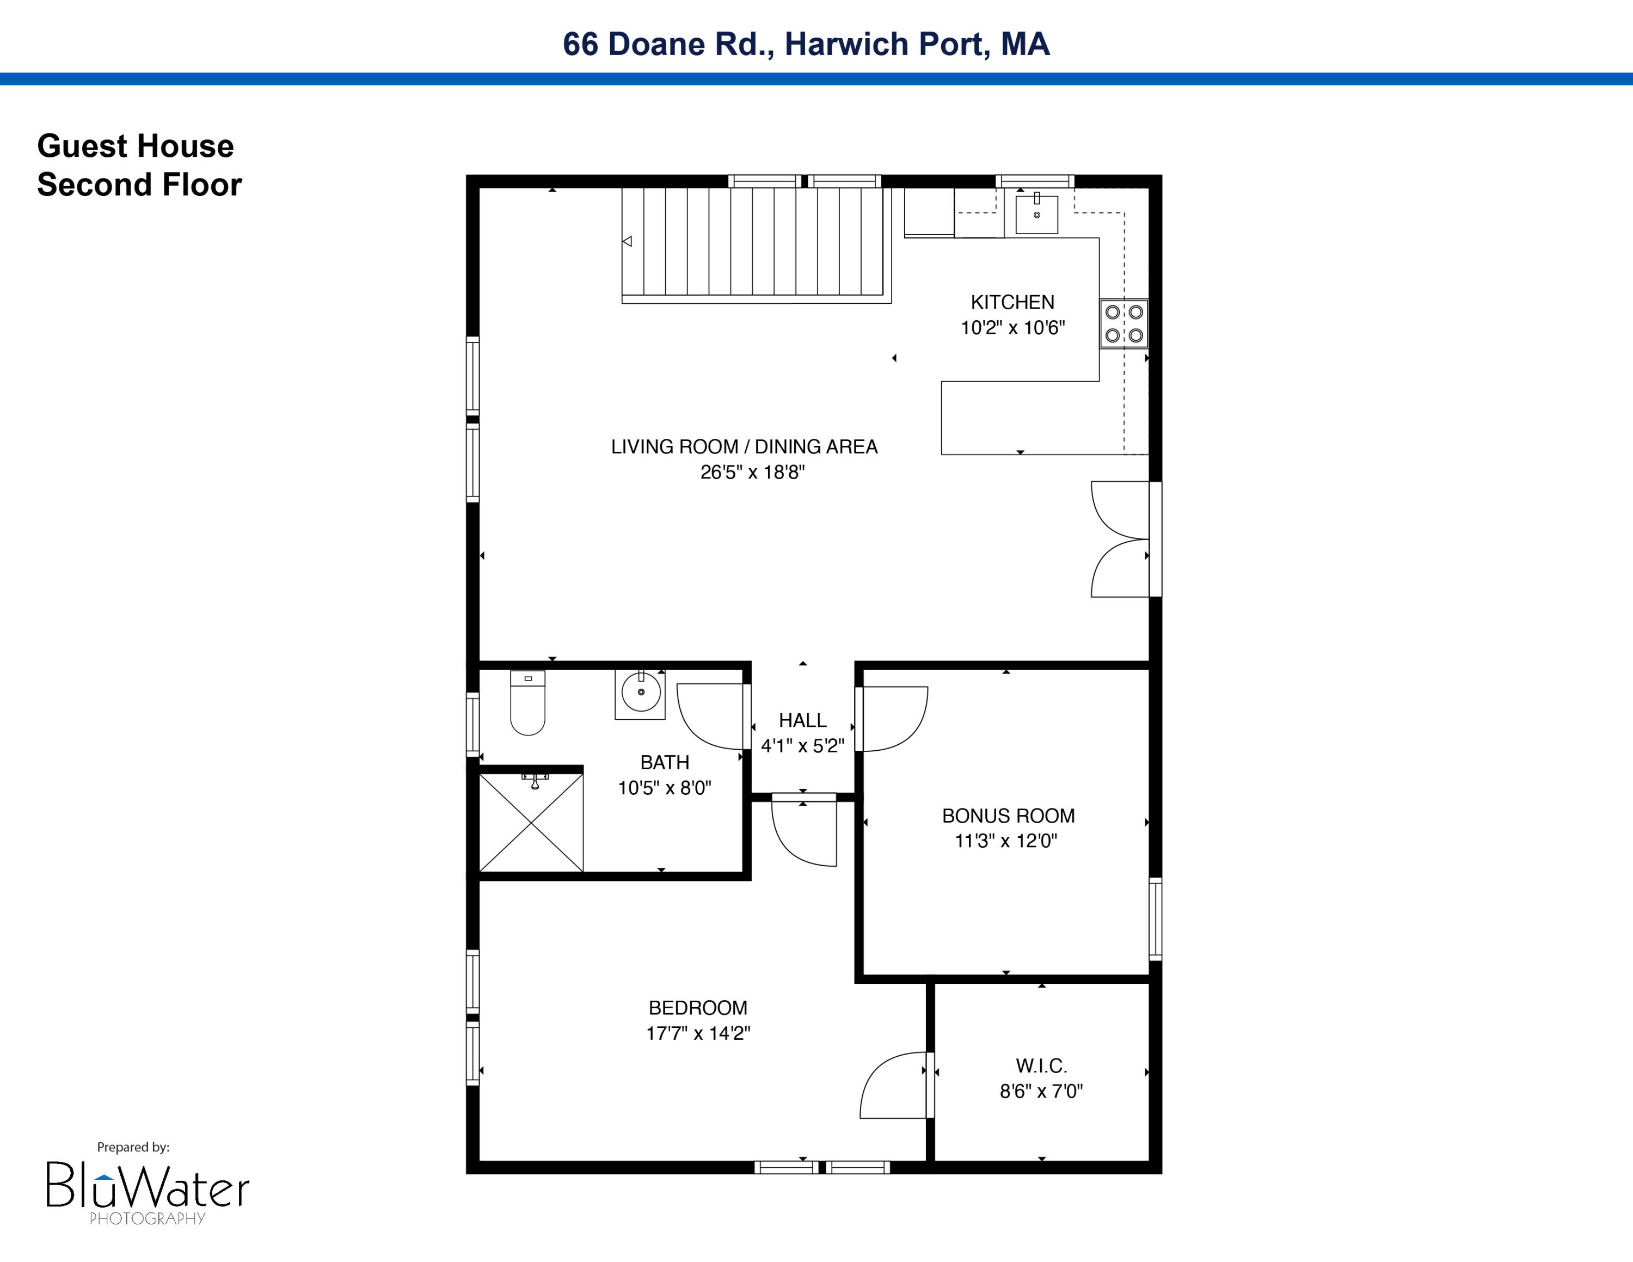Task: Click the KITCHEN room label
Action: pyautogui.click(x=1012, y=302)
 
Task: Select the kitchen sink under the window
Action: pyautogui.click(x=1036, y=215)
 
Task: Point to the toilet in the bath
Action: pyautogui.click(x=528, y=705)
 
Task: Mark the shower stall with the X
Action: pyautogui.click(x=531, y=823)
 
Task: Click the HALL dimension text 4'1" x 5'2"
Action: pyautogui.click(x=802, y=745)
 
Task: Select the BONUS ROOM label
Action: pyautogui.click(x=1008, y=816)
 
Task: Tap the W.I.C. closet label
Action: pyautogui.click(x=1041, y=1065)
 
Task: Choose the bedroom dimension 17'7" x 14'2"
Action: pyautogui.click(x=698, y=1033)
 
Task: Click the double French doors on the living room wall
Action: pyautogui.click(x=1121, y=539)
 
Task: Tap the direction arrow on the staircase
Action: pyautogui.click(x=627, y=242)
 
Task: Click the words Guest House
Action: pyautogui.click(x=136, y=146)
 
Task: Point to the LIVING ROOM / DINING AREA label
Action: pyautogui.click(x=744, y=446)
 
